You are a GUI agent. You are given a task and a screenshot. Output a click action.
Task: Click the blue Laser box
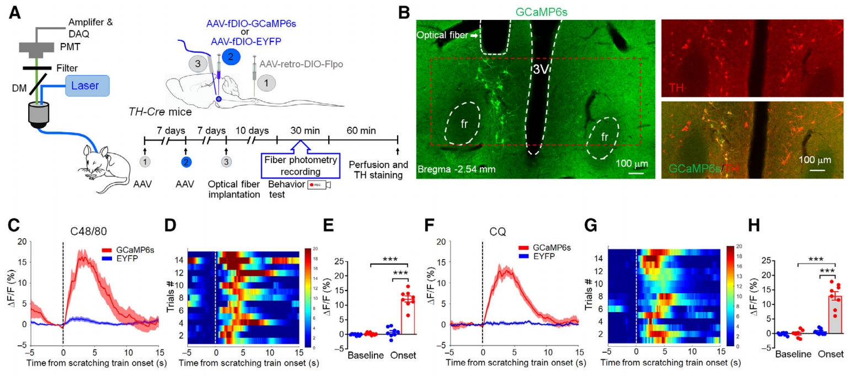coord(88,86)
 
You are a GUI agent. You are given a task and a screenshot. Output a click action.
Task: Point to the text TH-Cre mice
coord(157,111)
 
